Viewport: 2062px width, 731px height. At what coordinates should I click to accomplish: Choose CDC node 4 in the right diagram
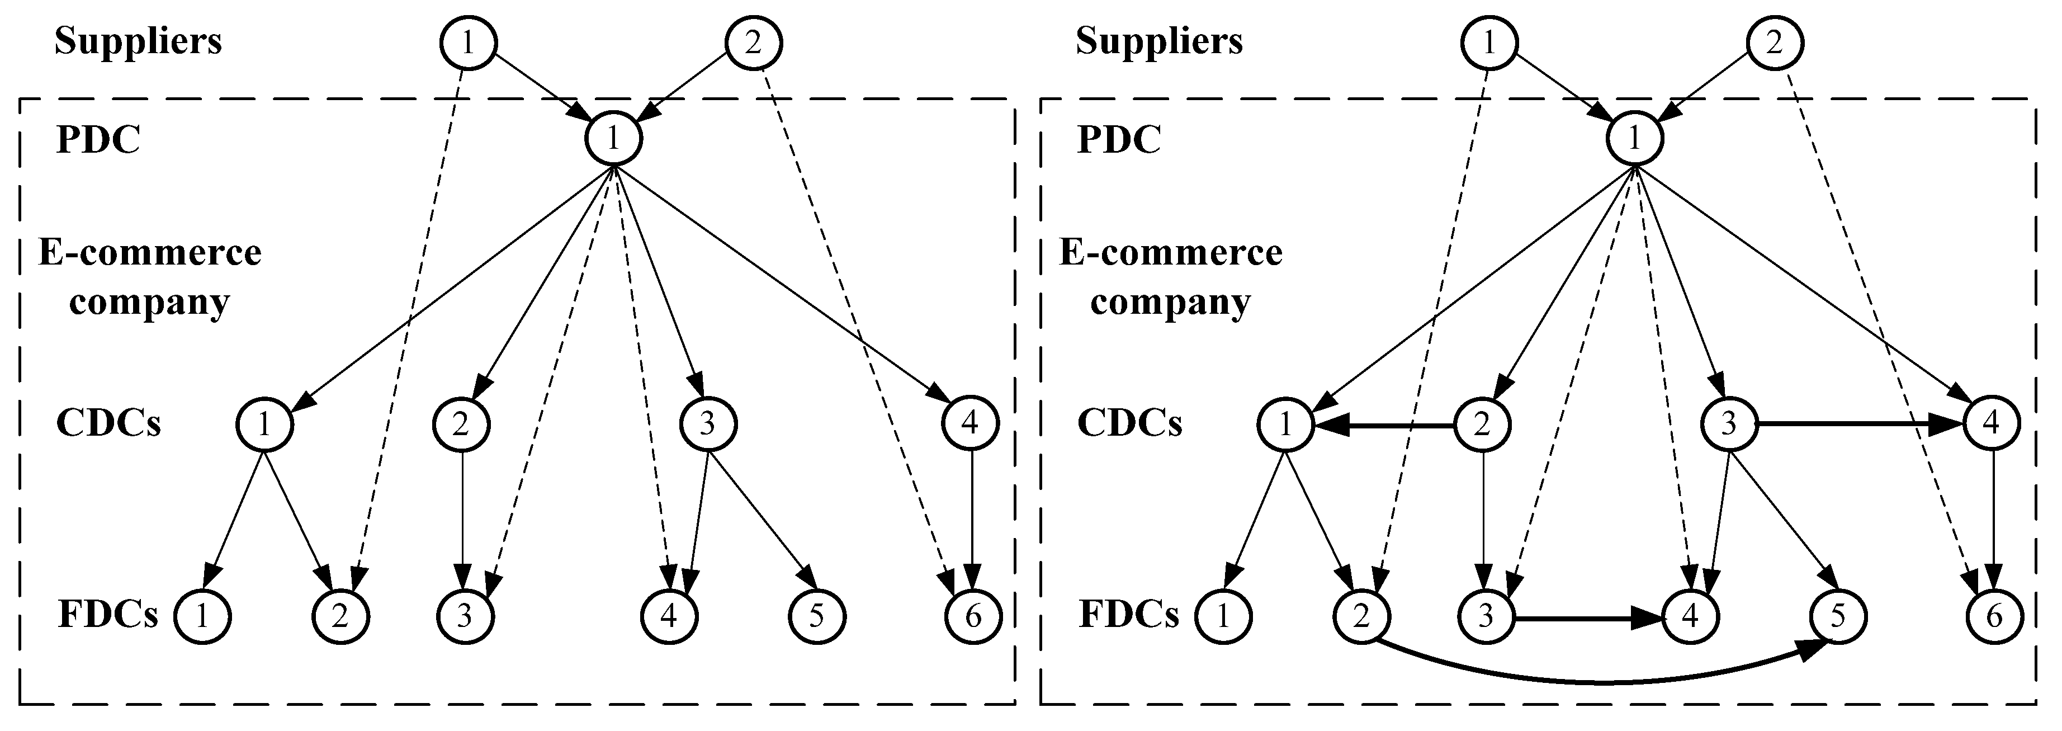coord(1991,423)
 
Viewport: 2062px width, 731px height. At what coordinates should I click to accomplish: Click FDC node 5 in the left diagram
coord(816,616)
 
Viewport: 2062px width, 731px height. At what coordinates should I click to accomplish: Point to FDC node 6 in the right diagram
coord(1994,616)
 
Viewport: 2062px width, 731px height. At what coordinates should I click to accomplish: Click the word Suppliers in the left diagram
coord(138,41)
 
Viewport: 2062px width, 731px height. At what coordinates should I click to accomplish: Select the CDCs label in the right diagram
coord(1129,423)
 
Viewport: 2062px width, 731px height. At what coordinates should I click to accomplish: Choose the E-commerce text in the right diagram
coord(1170,253)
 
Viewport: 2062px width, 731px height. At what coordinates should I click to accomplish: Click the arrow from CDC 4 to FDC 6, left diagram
coord(972,521)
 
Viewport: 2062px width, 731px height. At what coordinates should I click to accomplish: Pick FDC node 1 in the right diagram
coord(1223,616)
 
